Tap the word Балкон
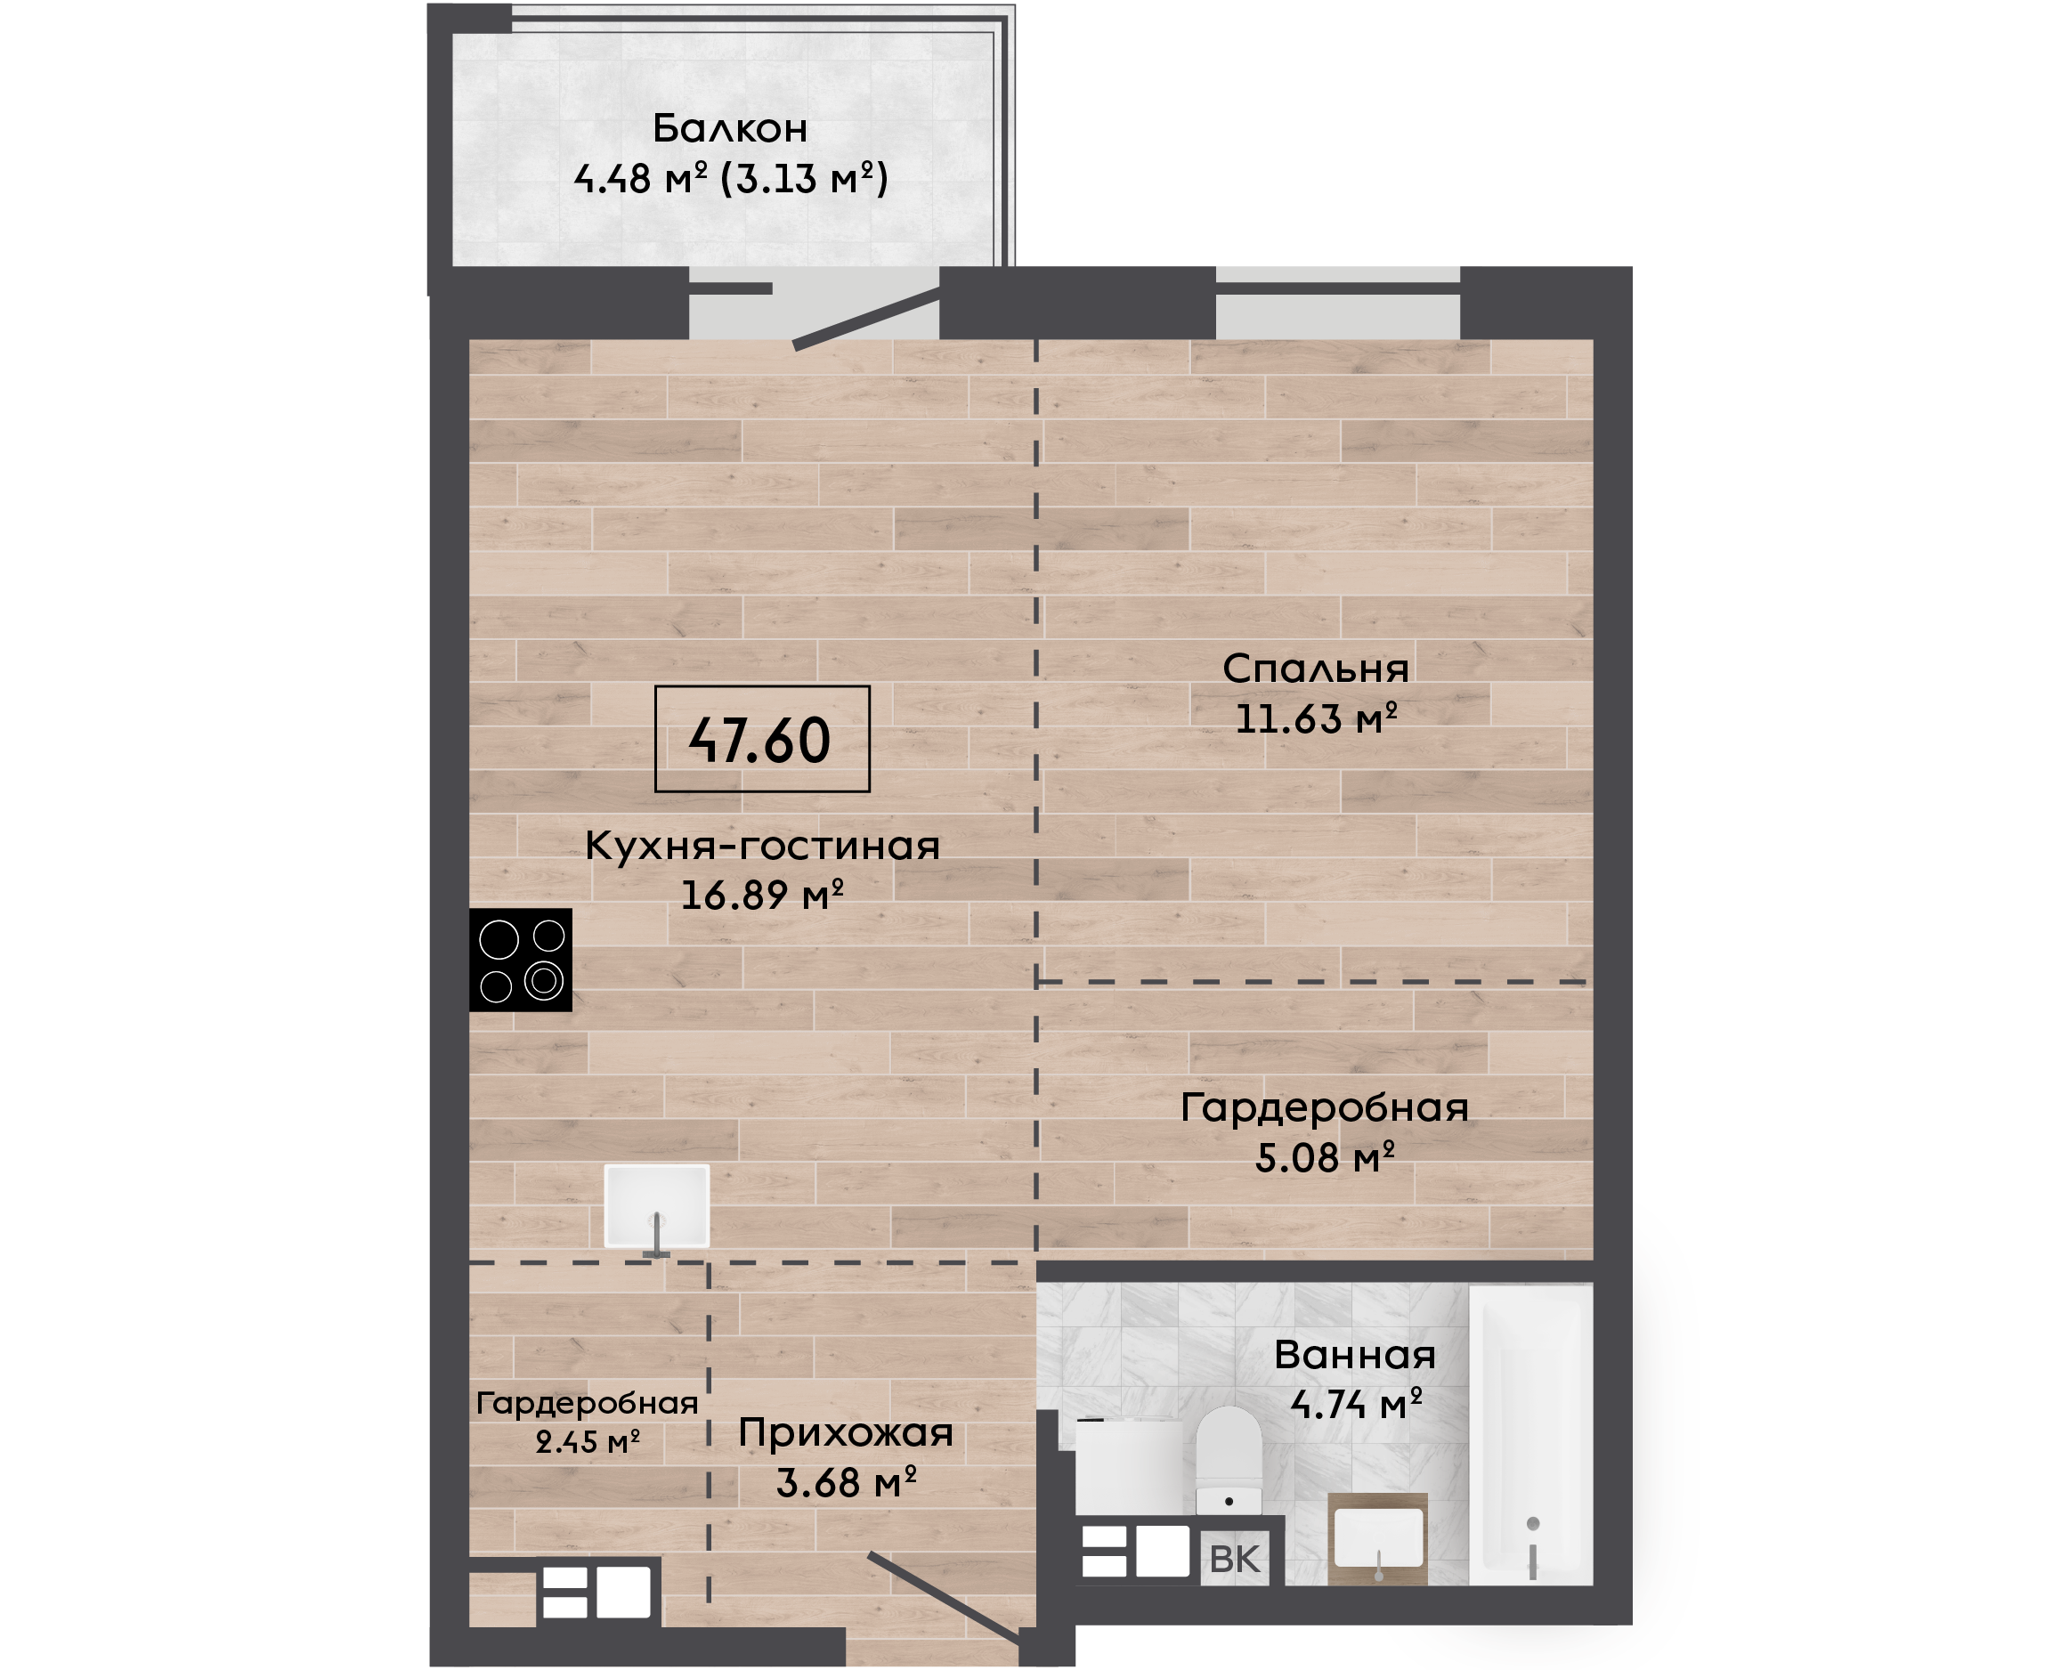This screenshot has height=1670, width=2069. [x=730, y=128]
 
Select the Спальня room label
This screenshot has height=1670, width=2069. [x=1315, y=669]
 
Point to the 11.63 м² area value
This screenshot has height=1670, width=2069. [x=1316, y=718]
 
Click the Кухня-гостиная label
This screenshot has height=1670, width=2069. [x=762, y=846]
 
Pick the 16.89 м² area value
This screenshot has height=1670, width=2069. [x=762, y=896]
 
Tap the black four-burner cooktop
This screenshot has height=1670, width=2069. [x=521, y=960]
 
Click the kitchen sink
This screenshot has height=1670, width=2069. [x=657, y=1207]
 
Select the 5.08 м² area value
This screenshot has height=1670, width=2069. [x=1325, y=1157]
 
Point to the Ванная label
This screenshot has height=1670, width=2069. [x=1354, y=1355]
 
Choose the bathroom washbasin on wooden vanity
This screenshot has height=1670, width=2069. [x=1377, y=1539]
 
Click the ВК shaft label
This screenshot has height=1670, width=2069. [x=1234, y=1560]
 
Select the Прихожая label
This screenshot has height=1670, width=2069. [x=846, y=1433]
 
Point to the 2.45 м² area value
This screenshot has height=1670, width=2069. [x=588, y=1442]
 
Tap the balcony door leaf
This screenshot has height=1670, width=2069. [x=865, y=318]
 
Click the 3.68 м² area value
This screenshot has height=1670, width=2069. [x=847, y=1483]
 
